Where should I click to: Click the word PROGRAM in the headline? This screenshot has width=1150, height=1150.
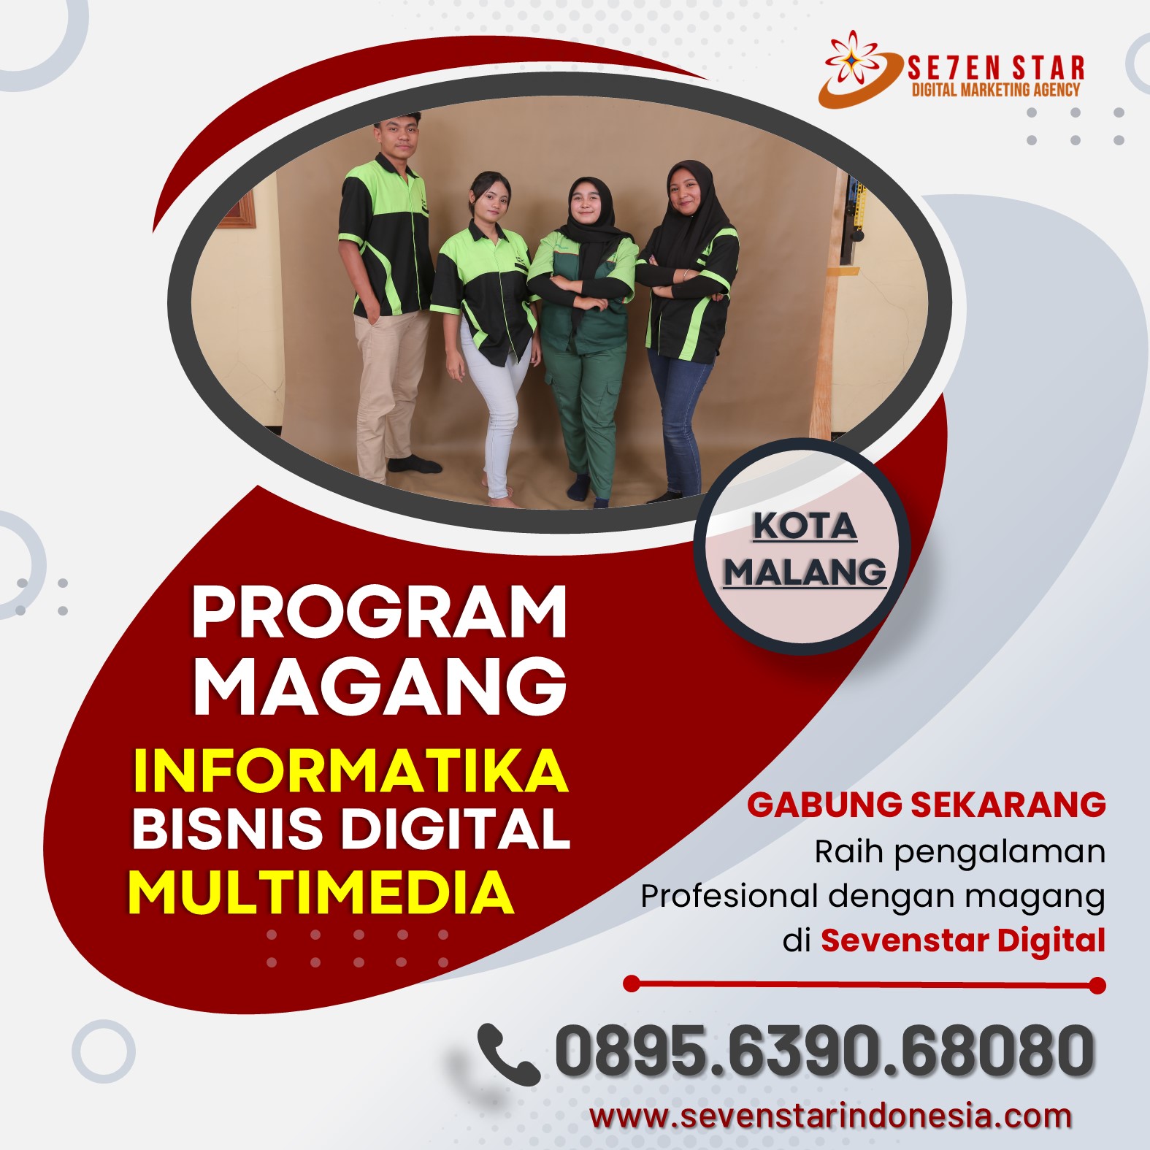coord(380,612)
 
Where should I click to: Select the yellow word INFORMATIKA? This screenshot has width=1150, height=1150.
coord(350,770)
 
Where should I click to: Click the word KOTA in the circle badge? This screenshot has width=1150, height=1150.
coord(805,526)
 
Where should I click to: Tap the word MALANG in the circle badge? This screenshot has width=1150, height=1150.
coord(805,571)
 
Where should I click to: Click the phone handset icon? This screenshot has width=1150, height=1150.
coord(508,1054)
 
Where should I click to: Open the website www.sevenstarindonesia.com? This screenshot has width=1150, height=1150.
coord(831,1116)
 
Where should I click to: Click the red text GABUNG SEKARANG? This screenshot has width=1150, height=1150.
coord(926,805)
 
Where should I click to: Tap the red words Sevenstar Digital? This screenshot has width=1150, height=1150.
coord(963,940)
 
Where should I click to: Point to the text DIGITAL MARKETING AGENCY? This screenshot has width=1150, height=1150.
coord(996,90)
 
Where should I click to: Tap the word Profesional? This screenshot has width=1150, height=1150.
coord(729,895)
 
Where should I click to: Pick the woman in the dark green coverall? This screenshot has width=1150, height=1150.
coord(584,336)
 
